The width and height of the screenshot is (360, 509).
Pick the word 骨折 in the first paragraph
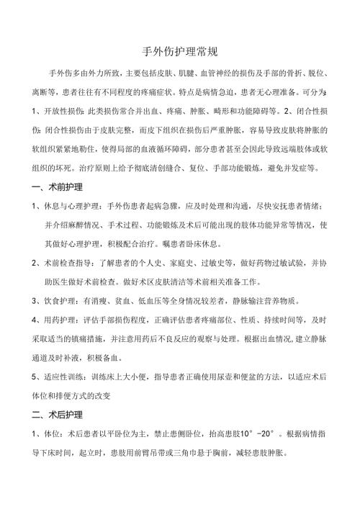(x=289, y=73)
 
